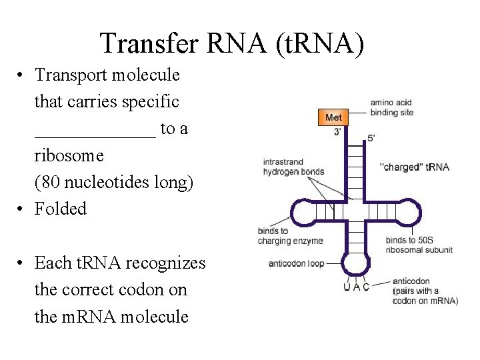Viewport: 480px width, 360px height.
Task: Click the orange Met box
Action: (333, 117)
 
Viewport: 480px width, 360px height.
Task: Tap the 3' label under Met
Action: (338, 132)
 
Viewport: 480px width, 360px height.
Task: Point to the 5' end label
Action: (371, 138)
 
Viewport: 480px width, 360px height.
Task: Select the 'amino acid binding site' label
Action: (392, 107)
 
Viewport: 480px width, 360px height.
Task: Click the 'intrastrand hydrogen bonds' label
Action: (293, 166)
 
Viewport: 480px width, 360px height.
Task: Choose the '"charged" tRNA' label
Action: (414, 167)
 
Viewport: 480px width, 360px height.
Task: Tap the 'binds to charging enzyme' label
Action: (290, 236)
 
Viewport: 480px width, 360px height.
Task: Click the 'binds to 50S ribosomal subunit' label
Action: (419, 245)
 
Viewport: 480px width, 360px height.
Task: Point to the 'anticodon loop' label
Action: (296, 263)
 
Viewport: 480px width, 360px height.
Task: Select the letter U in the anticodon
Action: (347, 287)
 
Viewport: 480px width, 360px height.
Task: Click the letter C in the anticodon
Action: (366, 287)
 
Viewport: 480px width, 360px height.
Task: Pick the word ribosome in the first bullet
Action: (69, 155)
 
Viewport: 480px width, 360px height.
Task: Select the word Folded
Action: (61, 209)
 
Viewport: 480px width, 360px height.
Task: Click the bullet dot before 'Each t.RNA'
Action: (22, 263)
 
